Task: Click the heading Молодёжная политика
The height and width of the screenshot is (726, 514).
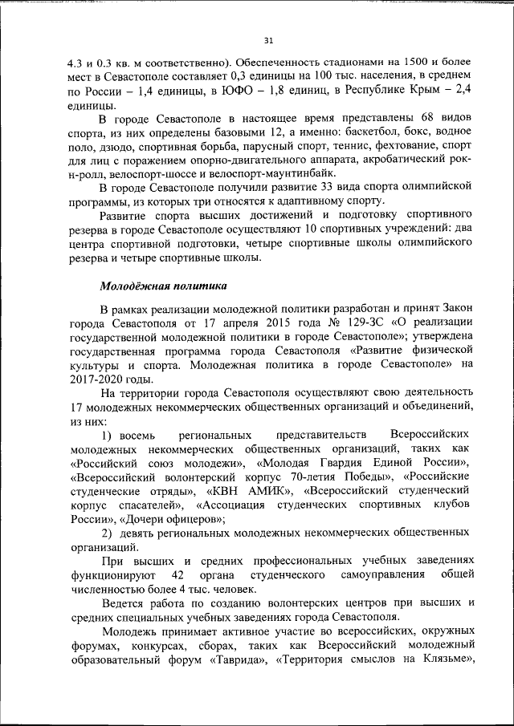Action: pos(163,286)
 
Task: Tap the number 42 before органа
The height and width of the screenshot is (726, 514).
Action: pos(178,576)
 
